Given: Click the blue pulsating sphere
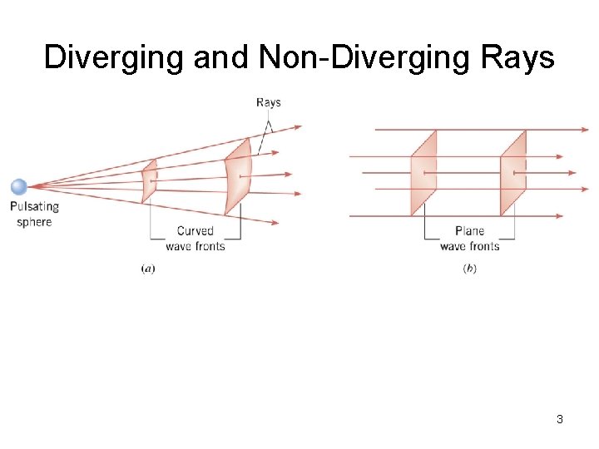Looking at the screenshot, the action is [18, 187].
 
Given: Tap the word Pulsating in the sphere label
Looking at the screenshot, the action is [34, 206].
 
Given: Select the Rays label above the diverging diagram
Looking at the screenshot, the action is [268, 103].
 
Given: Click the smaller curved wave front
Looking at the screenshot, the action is [149, 180].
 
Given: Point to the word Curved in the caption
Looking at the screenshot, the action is [195, 231].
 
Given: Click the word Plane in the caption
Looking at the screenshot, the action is [469, 231].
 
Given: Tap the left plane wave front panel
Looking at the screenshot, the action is [423, 173].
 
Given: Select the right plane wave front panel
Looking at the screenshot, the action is [512, 173].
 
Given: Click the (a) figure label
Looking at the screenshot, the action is [148, 269].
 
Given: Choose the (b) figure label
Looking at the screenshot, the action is [469, 269].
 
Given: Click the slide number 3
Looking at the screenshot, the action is [560, 419].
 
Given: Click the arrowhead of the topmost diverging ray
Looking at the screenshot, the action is [298, 127].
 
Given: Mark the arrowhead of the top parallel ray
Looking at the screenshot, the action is [584, 130].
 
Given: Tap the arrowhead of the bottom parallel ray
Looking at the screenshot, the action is [584, 216].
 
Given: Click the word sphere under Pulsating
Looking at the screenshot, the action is [34, 222].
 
